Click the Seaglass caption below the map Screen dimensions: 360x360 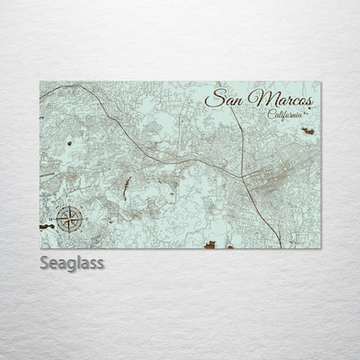tap(72, 261)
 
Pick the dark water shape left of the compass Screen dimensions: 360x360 tap(45, 227)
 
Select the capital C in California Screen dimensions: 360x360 tap(271, 116)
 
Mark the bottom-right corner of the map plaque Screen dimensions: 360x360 tap(320, 247)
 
